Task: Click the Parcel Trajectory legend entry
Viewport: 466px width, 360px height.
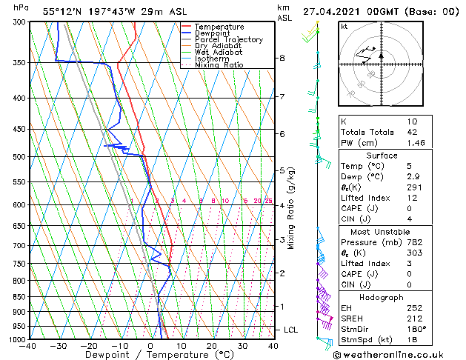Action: [x=228, y=39]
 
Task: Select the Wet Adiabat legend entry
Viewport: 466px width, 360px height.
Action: [x=219, y=52]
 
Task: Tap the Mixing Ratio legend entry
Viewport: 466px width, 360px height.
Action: [x=219, y=65]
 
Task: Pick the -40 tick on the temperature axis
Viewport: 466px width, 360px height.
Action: [x=29, y=346]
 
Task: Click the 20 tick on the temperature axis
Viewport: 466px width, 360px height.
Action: [x=212, y=346]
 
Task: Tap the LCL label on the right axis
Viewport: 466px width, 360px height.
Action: [x=291, y=330]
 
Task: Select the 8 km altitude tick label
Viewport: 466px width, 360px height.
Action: [x=282, y=58]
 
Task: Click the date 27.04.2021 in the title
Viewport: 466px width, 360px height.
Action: [x=348, y=11]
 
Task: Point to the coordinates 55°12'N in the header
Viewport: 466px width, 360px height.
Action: [x=61, y=11]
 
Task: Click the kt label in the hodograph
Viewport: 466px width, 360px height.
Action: [x=344, y=26]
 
